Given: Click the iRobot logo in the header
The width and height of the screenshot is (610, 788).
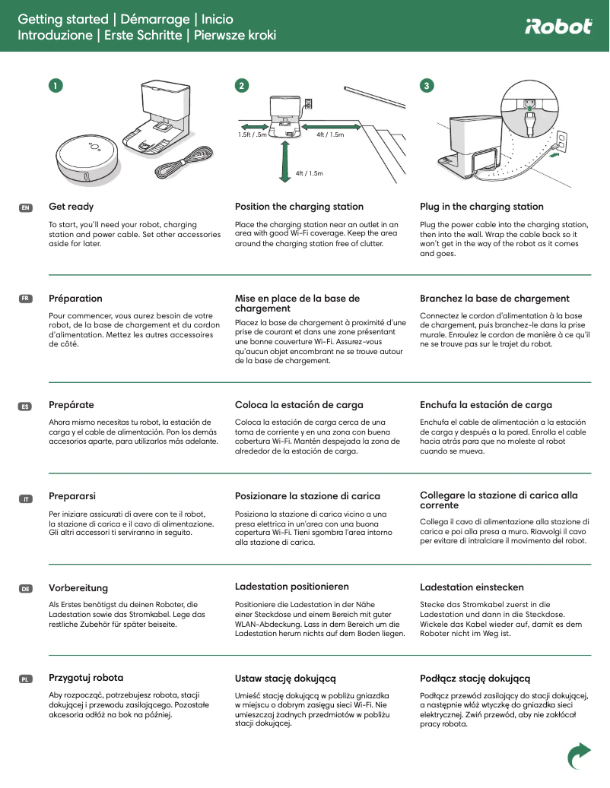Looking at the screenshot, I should pos(558,27).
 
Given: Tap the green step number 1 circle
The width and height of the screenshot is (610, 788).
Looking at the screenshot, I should pos(55,86).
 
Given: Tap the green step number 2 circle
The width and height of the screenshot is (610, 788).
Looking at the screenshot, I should pos(241,86).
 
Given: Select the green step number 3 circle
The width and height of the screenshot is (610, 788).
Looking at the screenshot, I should pos(427,86).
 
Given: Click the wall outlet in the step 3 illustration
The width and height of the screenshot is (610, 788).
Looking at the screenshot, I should pos(561,138).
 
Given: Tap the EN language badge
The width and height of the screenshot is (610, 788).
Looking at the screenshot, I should pos(25,207).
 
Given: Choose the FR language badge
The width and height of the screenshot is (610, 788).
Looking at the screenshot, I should pos(25,299).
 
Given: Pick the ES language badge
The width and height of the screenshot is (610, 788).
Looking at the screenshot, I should pos(25,407).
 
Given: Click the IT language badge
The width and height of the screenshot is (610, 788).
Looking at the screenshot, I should pos(25,498).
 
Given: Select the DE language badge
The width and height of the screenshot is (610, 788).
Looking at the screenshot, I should pos(25,589).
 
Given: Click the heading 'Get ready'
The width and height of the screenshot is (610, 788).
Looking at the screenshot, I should pos(71,207).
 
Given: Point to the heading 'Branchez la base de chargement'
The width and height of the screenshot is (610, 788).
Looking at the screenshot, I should pos(494,299).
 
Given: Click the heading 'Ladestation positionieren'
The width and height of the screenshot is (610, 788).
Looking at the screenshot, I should pos(291,587).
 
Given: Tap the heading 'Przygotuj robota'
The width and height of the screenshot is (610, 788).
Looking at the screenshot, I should pos(86,677).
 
